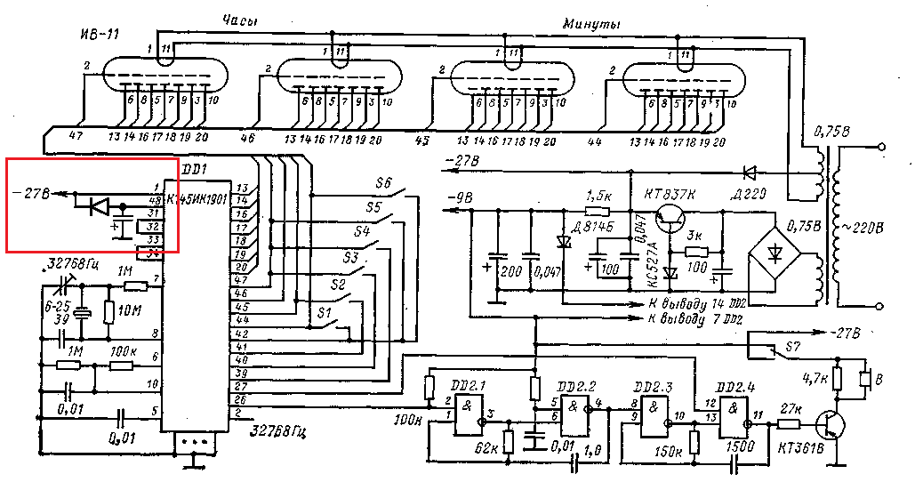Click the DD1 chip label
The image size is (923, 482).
tap(194, 168)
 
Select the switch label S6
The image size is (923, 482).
tap(384, 183)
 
